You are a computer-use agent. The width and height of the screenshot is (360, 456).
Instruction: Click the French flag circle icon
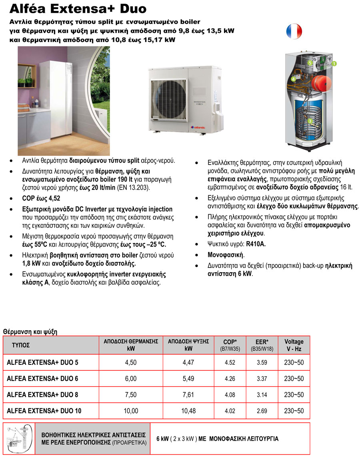(x=294, y=31)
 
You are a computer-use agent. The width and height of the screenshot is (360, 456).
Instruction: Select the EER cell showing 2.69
(x=262, y=411)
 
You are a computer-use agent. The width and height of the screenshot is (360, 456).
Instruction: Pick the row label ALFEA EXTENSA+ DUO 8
(x=43, y=395)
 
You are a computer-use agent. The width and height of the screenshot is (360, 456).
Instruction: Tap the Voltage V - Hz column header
(x=294, y=345)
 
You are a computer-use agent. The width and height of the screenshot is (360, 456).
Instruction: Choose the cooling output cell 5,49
(x=188, y=379)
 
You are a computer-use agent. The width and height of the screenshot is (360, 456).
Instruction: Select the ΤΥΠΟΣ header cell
(x=21, y=345)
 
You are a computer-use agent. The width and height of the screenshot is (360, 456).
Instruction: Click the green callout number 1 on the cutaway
(x=334, y=63)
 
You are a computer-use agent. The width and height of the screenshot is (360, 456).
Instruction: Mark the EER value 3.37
(x=262, y=379)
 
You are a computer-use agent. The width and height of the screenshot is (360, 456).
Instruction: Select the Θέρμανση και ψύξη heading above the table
(x=30, y=331)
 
